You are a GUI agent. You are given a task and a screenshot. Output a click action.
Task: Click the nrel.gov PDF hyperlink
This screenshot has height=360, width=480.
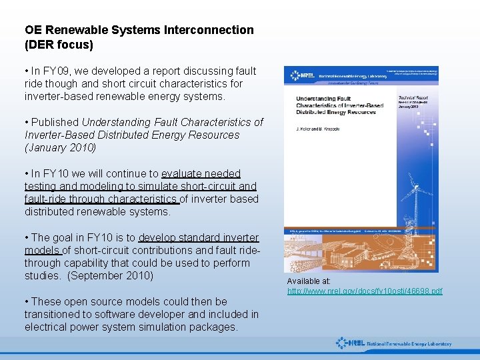pyautogui.click(x=365, y=291)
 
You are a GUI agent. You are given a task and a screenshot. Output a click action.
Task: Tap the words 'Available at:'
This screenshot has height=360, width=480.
pyautogui.click(x=309, y=281)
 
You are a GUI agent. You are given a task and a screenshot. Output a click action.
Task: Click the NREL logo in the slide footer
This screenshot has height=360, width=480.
pyautogui.click(x=393, y=343)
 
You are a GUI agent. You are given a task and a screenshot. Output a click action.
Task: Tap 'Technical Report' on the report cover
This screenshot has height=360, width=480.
pyautogui.click(x=413, y=97)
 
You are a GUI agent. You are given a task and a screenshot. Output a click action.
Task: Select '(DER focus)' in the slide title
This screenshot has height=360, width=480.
pyautogui.click(x=59, y=45)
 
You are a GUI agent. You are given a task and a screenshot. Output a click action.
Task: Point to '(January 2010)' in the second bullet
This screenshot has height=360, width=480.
pyautogui.click(x=61, y=147)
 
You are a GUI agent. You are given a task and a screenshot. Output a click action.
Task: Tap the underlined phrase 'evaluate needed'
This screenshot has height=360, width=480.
pyautogui.click(x=201, y=173)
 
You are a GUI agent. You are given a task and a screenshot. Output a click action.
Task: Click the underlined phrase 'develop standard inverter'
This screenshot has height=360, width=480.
pyautogui.click(x=199, y=237)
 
